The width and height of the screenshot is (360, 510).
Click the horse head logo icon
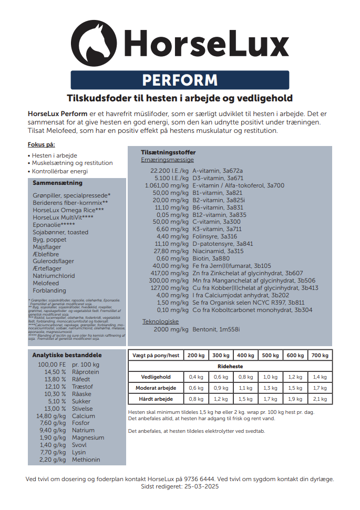pyautogui.click(x=94, y=43)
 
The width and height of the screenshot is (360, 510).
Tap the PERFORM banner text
pyautogui.click(x=180, y=80)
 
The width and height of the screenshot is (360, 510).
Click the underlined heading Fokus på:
pyautogui.click(x=42, y=144)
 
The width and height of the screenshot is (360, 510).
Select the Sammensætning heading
pyautogui.click(x=57, y=183)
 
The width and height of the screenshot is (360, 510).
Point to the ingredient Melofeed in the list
pyautogui.click(x=46, y=283)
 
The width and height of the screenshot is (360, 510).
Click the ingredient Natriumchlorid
pyautogui.click(x=53, y=276)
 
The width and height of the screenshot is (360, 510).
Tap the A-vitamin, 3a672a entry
pyautogui.click(x=218, y=171)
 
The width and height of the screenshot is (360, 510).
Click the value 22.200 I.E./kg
pyautogui.click(x=169, y=171)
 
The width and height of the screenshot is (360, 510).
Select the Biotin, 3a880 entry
pyautogui.click(x=212, y=258)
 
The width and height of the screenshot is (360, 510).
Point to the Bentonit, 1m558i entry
pyautogui.click(x=216, y=329)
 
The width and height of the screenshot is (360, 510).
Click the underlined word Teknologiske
pyautogui.click(x=161, y=321)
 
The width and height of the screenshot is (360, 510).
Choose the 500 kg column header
pyautogui.click(x=270, y=356)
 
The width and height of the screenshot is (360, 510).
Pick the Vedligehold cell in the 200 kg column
pyautogui.click(x=196, y=377)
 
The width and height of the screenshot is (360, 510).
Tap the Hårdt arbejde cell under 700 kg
pyautogui.click(x=319, y=399)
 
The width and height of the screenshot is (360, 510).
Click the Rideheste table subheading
pyautogui.click(x=230, y=366)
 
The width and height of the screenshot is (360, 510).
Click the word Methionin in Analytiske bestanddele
pyautogui.click(x=86, y=460)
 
